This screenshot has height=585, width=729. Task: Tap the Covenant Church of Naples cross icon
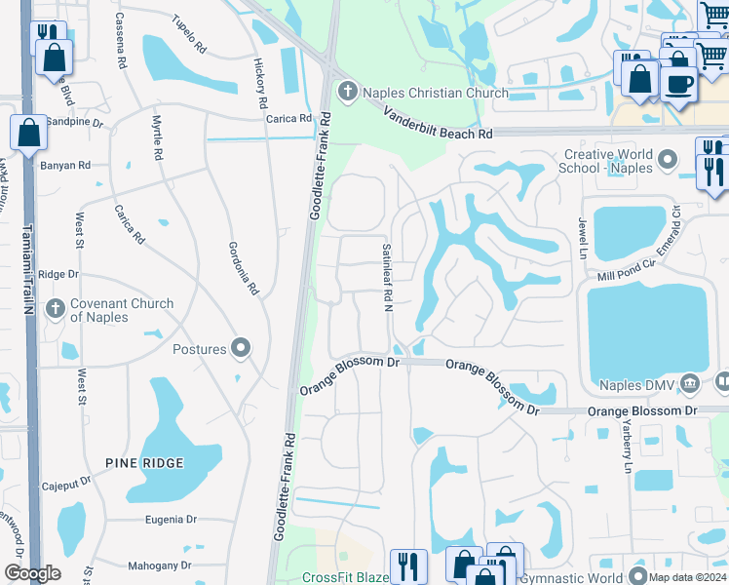pyautogui.click(x=55, y=310)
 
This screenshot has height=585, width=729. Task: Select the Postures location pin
pyautogui.click(x=242, y=349)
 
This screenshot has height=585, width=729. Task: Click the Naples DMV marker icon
pyautogui.click(x=691, y=383)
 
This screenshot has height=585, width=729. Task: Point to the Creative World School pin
pyautogui.click(x=668, y=158)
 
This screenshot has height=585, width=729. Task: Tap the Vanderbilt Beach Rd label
pyautogui.click(x=438, y=123)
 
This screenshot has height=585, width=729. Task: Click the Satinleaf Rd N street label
pyautogui.click(x=387, y=278)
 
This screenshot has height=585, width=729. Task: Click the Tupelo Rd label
pyautogui.click(x=189, y=34)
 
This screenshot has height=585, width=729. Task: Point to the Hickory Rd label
pyautogui.click(x=260, y=82)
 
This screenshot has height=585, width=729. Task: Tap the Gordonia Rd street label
pyautogui.click(x=244, y=268)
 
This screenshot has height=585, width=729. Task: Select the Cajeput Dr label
pyautogui.click(x=66, y=486)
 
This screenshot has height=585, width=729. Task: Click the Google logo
pyautogui.click(x=32, y=573)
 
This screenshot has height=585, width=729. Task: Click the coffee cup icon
pyautogui.click(x=678, y=82)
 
